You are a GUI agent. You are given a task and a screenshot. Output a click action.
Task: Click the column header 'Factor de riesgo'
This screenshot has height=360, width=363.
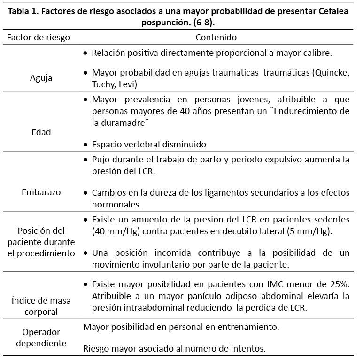[38, 37]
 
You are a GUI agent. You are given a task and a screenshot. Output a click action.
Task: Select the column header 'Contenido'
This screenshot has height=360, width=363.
[216, 37]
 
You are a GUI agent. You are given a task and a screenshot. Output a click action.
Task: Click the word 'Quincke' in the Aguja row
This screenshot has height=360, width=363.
[332, 73]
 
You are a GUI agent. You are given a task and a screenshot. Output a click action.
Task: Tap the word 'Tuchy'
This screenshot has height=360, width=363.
[103, 84]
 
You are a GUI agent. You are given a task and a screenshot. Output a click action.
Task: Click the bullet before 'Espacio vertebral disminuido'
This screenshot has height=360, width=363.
[85, 145]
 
